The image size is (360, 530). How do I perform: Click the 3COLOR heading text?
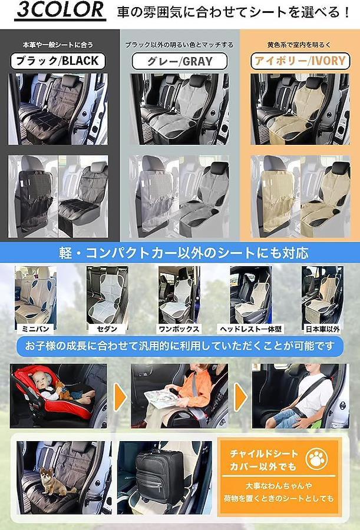coord(61,10)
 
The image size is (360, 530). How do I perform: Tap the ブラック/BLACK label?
coord(58,61)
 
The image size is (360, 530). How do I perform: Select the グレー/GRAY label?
coord(180,61)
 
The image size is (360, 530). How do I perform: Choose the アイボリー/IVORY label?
coord(300,61)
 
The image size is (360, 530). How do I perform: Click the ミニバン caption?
coord(35,329)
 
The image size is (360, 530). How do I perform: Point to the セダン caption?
coord(107,329)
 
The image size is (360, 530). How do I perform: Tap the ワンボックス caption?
coord(179,329)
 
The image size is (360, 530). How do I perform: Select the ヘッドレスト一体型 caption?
coord(251,329)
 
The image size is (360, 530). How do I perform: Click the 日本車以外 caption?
coord(322,329)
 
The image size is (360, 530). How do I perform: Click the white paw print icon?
coord(316,459)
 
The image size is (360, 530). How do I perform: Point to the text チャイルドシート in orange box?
coord(263,453)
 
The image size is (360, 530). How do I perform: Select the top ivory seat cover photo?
coord(300,109)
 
